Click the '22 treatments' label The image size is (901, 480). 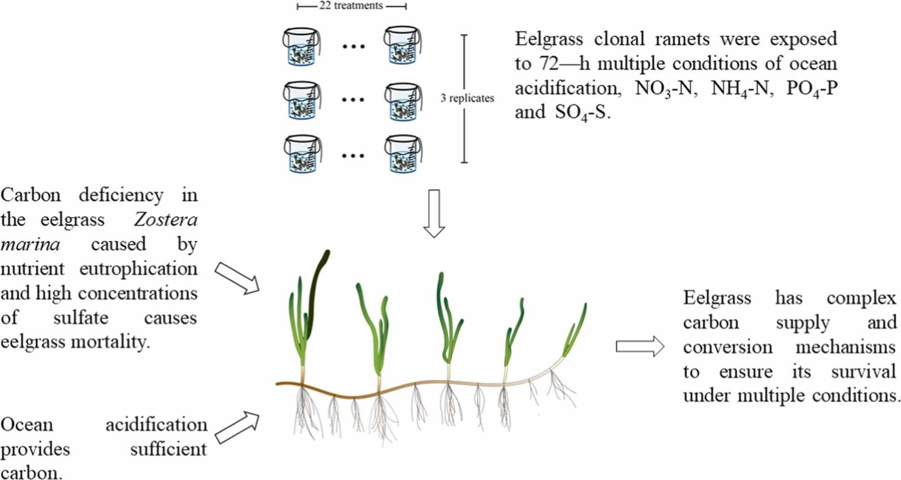point(351,6)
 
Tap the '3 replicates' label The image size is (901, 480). point(467,99)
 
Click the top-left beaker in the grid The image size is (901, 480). point(301,47)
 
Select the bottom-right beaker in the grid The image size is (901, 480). point(403,154)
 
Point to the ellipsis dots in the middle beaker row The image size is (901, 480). point(353,100)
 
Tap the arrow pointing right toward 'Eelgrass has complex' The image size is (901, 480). point(640,346)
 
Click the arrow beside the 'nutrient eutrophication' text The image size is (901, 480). point(237,278)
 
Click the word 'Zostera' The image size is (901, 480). point(166,220)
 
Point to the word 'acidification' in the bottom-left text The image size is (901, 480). point(156,425)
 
